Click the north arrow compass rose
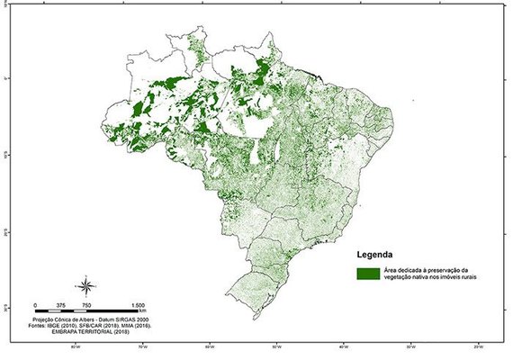coord(85,288)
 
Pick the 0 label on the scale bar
coord(34,306)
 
